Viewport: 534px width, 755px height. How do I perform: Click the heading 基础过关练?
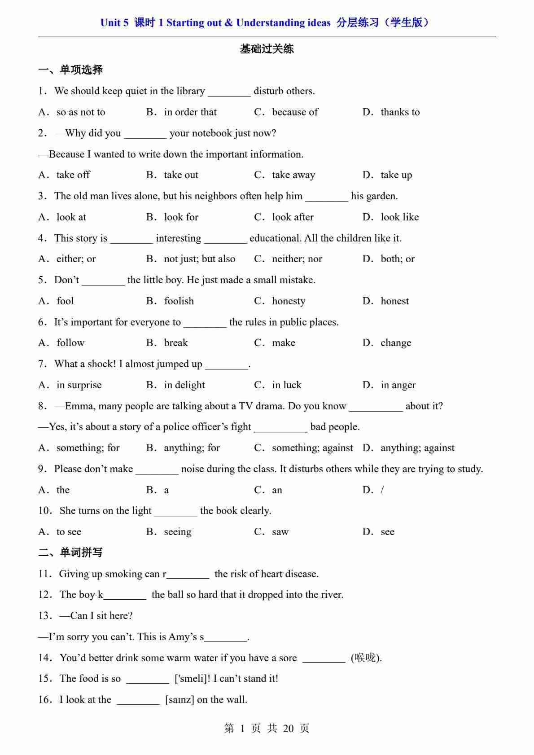coord(267,49)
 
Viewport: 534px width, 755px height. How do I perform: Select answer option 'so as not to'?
coord(81,112)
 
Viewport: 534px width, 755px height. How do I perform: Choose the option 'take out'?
coord(181,175)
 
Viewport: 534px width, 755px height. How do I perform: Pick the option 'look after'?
coord(293,217)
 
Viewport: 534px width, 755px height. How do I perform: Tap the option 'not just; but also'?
coord(199,259)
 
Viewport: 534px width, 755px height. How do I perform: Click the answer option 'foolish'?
coord(179,301)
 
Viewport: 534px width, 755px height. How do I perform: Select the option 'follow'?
coord(70,343)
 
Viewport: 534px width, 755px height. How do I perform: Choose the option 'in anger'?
coord(398,385)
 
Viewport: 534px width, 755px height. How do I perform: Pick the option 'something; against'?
coord(312,448)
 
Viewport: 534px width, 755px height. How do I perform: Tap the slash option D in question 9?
coord(382,490)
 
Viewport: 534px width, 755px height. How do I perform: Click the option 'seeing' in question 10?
coord(178,532)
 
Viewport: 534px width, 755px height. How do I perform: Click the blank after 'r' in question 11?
coord(188,575)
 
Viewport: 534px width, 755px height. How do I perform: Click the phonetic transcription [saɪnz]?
coord(179,700)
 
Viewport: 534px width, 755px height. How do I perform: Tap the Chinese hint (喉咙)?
coord(366,658)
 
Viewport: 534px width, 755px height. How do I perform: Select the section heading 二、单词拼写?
coord(70,553)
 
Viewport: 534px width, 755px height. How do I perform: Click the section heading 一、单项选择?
coord(70,70)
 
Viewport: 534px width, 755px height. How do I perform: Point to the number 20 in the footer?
coord(289,729)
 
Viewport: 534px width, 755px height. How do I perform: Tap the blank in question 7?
coord(227,364)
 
